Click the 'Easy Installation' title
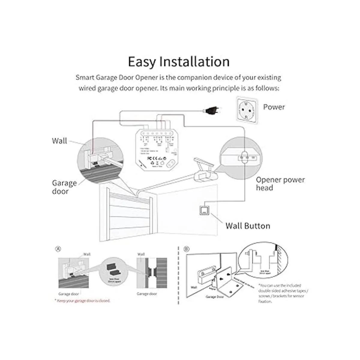(179, 61)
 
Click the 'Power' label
(274, 107)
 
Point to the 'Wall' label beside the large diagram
(59, 141)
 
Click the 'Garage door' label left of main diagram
(64, 187)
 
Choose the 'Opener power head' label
(280, 184)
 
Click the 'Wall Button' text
(247, 226)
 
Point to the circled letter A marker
(58, 249)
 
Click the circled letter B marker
(187, 249)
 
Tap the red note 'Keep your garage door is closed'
(82, 301)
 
